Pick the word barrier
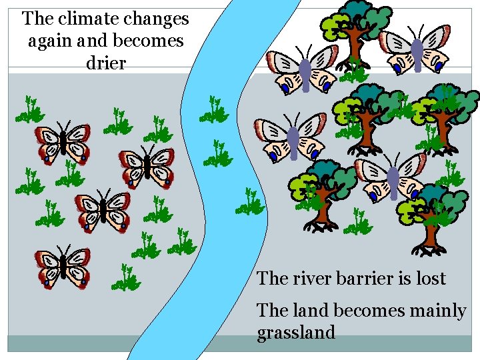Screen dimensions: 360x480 click(x=369, y=278)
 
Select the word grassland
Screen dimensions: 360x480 click(x=296, y=332)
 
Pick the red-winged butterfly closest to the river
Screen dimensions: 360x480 click(x=147, y=166)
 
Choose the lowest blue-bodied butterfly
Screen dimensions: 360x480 click(x=393, y=177)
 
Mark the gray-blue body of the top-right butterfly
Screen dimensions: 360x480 click(x=417, y=55)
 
